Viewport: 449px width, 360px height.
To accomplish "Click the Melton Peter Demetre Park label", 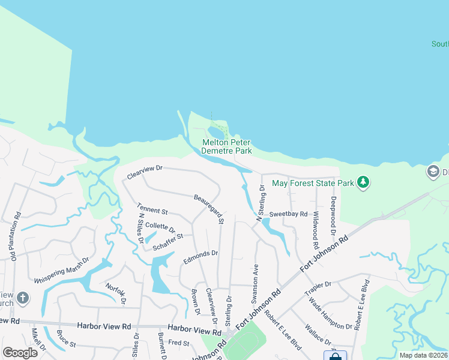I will tap(226, 146).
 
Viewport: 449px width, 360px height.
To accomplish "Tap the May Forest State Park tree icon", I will tap(363, 181).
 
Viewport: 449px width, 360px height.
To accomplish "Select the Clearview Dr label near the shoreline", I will tap(145, 172).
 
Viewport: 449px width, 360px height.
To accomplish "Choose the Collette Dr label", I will tap(160, 229).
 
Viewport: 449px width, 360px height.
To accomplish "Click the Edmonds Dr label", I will tap(200, 257).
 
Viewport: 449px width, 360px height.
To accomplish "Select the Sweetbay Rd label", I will tap(288, 214).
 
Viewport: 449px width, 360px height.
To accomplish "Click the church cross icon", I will tap(22, 298).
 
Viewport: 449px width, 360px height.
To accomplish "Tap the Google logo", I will tap(20, 352).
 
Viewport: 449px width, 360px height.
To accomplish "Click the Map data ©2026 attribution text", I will tap(423, 355).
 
